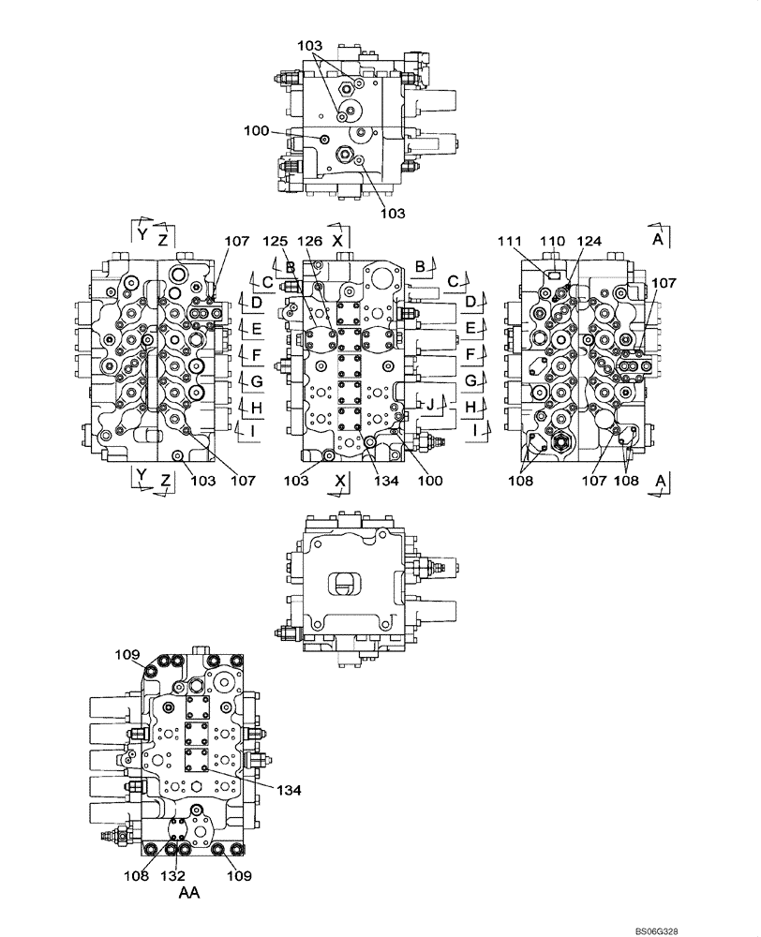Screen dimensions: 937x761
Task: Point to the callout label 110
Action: click(x=554, y=242)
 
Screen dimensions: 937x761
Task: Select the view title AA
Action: click(x=188, y=894)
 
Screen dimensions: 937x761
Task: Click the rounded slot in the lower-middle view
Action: click(x=345, y=584)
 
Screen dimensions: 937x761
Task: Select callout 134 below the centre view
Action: click(x=386, y=481)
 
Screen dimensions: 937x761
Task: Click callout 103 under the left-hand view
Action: click(x=202, y=481)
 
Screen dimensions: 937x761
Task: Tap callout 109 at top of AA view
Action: click(x=127, y=653)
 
